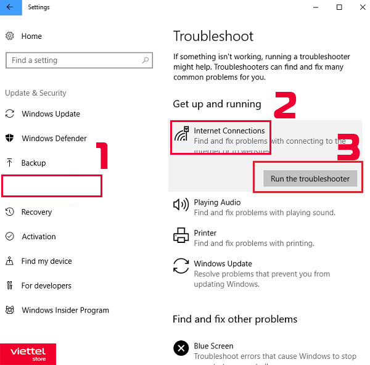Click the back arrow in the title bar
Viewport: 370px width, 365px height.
pyautogui.click(x=10, y=7)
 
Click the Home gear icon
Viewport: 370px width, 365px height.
pyautogui.click(x=10, y=36)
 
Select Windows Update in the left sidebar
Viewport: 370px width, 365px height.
pyautogui.click(x=51, y=114)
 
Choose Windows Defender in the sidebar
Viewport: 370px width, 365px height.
pyautogui.click(x=54, y=139)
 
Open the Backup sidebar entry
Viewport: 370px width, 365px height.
pyautogui.click(x=33, y=163)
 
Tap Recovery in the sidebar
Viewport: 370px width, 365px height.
pyautogui.click(x=36, y=212)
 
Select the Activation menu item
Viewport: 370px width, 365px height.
pyautogui.click(x=38, y=237)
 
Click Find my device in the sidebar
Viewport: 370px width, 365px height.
pyautogui.click(x=46, y=261)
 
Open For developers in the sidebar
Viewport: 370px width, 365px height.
pyautogui.click(x=46, y=286)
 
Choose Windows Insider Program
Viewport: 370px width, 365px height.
pyautogui.click(x=65, y=311)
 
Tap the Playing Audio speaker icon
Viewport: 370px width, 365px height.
pyautogui.click(x=181, y=205)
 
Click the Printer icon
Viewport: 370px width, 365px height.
pyautogui.click(x=181, y=235)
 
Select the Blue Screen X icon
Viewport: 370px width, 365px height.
pyautogui.click(x=181, y=348)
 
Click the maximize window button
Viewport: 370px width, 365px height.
pyautogui.click(x=339, y=7)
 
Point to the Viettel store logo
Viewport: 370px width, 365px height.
pyautogui.click(x=28, y=353)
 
